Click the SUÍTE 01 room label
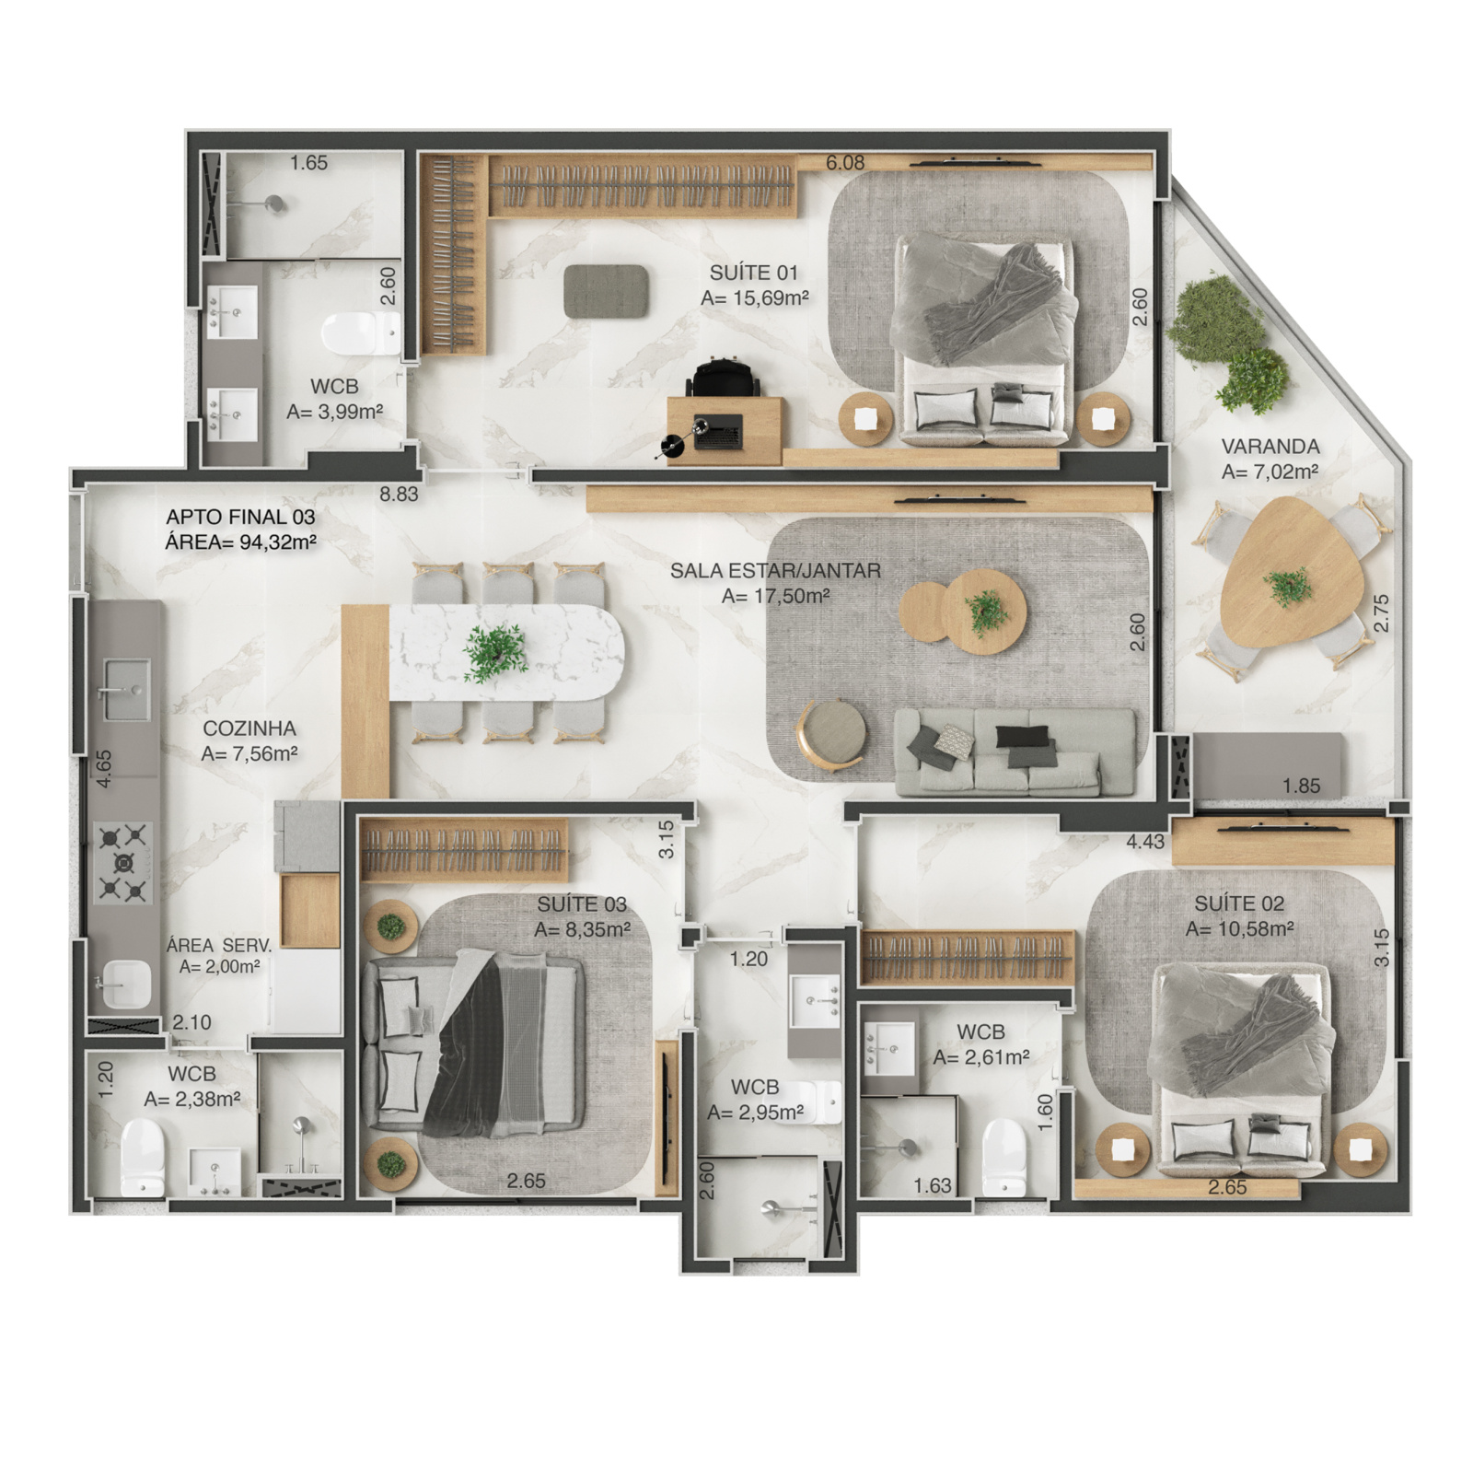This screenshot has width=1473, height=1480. click(x=753, y=273)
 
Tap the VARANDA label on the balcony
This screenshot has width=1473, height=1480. click(x=1270, y=447)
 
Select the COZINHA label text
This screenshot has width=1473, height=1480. click(x=249, y=728)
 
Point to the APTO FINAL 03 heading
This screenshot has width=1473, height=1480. click(x=240, y=517)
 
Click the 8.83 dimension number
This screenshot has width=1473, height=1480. click(x=399, y=494)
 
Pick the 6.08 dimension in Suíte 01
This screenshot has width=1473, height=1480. click(x=845, y=163)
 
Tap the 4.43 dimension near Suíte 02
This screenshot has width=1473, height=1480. click(x=1145, y=841)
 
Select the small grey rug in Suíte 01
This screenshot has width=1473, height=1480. click(x=607, y=291)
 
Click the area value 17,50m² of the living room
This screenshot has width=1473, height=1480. click(x=776, y=596)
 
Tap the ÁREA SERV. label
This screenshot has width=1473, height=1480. click(x=219, y=946)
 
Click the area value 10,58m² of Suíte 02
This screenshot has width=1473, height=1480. click(x=1239, y=929)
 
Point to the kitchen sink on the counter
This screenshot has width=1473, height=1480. click(x=125, y=690)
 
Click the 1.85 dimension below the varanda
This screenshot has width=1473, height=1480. click(x=1301, y=787)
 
